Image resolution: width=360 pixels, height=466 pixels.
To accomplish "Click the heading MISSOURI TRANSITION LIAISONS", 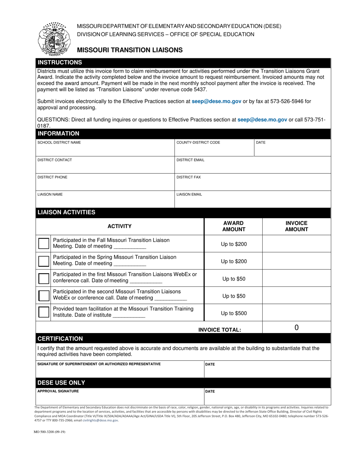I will pyautogui.click(x=130, y=50).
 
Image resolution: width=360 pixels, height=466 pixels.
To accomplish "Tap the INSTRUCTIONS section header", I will pyautogui.click(x=59, y=63).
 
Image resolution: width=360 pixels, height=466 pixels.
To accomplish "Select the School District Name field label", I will pyautogui.click(x=59, y=142).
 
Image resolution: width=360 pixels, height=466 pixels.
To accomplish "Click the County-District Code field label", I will pyautogui.click(x=198, y=142).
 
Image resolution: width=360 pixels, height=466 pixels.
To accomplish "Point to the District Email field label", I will pyautogui.click(x=190, y=160).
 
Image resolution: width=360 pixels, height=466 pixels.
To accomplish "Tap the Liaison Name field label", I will pyautogui.click(x=50, y=194).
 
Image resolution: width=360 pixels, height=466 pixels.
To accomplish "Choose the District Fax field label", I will pyautogui.click(x=189, y=177).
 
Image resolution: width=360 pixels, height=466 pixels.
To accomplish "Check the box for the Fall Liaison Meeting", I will pyautogui.click(x=44, y=244).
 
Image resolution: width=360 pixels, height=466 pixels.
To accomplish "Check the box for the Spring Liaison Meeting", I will pyautogui.click(x=44, y=261).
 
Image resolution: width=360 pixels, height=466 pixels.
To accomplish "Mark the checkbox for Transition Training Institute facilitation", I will pyautogui.click(x=44, y=312).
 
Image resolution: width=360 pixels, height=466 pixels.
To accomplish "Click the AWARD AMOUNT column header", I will pyautogui.click(x=233, y=226).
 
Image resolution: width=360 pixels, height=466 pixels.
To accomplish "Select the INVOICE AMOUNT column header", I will pyautogui.click(x=296, y=226).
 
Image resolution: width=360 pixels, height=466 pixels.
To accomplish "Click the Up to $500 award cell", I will pyautogui.click(x=234, y=313).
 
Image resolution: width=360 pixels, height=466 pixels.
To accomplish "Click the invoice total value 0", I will pyautogui.click(x=296, y=328).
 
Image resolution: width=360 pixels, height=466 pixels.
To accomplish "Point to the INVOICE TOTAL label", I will pyautogui.click(x=219, y=330).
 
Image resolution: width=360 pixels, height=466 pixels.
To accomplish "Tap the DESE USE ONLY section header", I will pyautogui.click(x=61, y=383).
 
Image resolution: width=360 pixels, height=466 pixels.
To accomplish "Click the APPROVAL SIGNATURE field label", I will pyautogui.click(x=58, y=391).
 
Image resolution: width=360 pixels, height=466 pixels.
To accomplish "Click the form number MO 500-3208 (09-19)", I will pyautogui.click(x=50, y=442).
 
